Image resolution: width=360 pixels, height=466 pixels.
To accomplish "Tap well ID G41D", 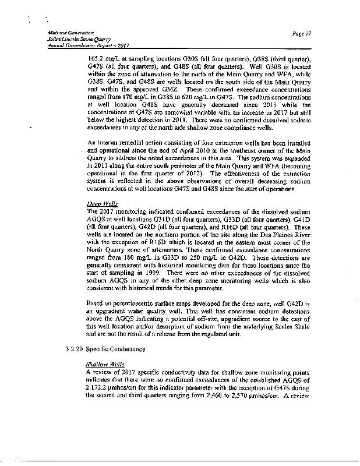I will coord(316,217).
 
